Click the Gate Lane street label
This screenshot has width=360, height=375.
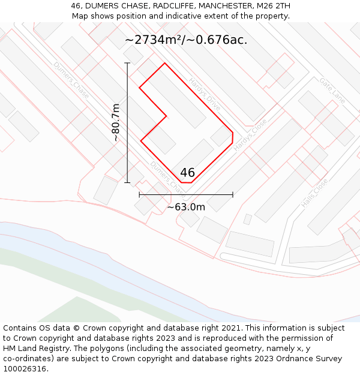(x=332, y=90)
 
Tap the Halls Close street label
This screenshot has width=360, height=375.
(x=314, y=193)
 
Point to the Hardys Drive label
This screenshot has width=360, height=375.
(x=205, y=94)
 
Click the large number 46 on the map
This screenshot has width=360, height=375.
(x=187, y=173)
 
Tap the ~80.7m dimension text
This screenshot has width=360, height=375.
(x=116, y=122)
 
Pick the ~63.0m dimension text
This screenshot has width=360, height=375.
(x=186, y=207)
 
